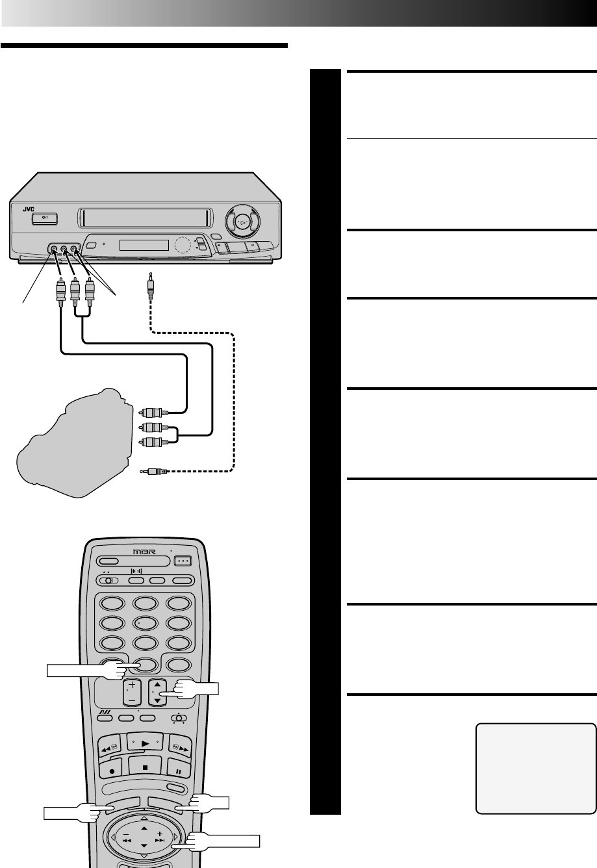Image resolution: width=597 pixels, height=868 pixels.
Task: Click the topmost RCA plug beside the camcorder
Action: click(x=153, y=411)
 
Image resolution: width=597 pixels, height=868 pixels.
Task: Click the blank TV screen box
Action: click(x=536, y=768)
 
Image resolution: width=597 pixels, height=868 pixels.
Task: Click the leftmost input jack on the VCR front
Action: click(x=53, y=248)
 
